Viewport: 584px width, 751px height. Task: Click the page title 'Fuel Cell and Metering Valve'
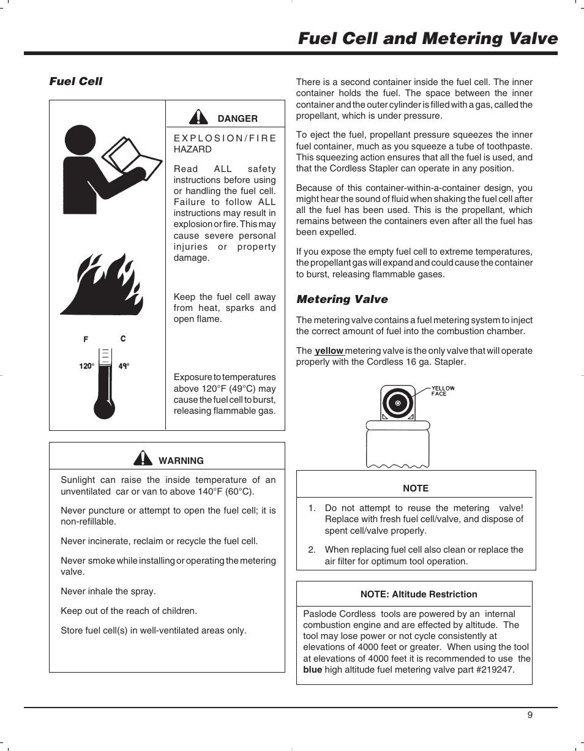click(x=428, y=39)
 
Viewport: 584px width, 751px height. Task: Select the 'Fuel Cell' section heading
click(x=76, y=81)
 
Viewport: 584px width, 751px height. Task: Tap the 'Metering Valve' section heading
click(x=342, y=299)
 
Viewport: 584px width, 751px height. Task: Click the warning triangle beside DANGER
click(x=198, y=116)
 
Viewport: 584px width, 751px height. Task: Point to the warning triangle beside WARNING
click(x=143, y=458)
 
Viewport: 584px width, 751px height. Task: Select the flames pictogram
click(x=102, y=285)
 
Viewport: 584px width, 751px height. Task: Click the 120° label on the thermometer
click(x=86, y=366)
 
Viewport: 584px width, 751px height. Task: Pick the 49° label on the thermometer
click(x=124, y=366)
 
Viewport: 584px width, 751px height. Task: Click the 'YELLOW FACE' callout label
click(x=443, y=391)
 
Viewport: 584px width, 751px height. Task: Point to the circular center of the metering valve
click(x=398, y=403)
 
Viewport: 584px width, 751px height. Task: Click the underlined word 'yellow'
click(x=329, y=351)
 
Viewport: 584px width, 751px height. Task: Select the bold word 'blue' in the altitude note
click(x=312, y=670)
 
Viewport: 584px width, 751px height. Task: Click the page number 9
click(x=530, y=716)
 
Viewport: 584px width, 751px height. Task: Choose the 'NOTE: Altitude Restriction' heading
click(x=419, y=594)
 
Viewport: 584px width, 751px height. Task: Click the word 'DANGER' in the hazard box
click(x=238, y=119)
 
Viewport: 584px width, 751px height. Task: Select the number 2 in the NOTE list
click(x=312, y=550)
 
